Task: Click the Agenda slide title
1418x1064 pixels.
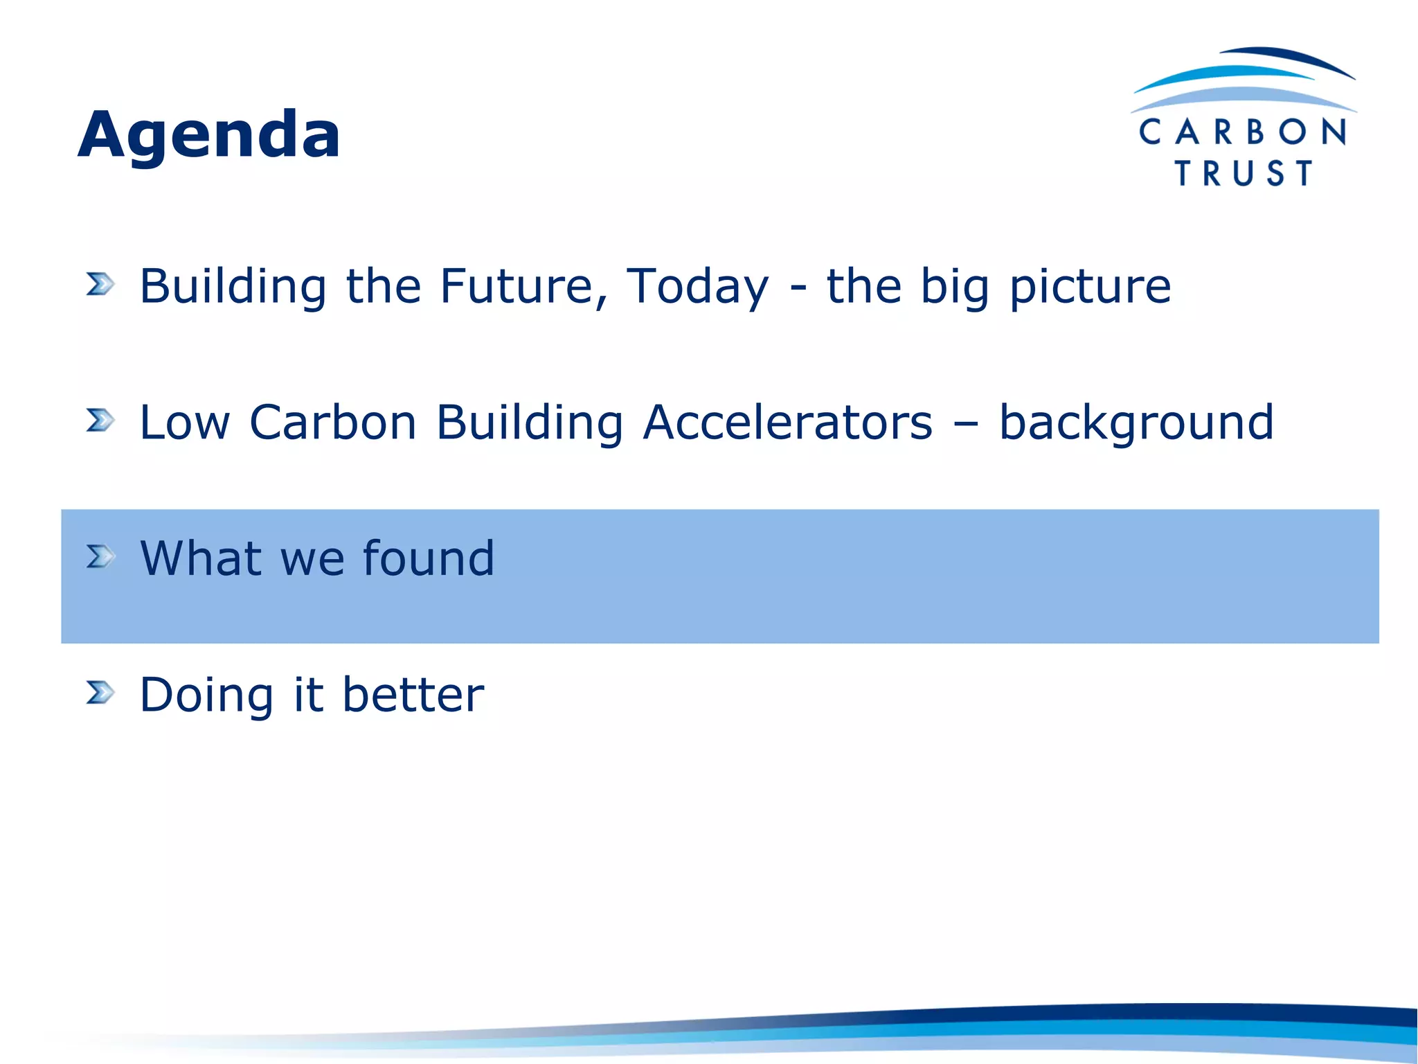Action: [x=208, y=134]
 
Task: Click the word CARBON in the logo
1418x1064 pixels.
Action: [x=1243, y=132]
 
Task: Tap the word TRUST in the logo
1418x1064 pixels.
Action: [x=1244, y=173]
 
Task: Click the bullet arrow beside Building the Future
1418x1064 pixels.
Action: [x=100, y=284]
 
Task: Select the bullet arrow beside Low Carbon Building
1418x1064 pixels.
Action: [x=100, y=420]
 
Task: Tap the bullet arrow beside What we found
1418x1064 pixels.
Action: [x=100, y=556]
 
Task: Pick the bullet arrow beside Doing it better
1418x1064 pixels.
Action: [x=100, y=692]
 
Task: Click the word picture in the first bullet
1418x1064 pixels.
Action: [x=1090, y=287]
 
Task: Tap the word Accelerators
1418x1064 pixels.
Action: [x=787, y=422]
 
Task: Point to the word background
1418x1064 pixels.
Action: [x=1136, y=423]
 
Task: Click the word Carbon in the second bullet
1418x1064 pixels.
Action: [x=332, y=422]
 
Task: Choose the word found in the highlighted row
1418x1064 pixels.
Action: [x=429, y=558]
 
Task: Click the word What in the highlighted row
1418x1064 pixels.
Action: [x=201, y=558]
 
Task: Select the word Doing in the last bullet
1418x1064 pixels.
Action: [x=206, y=695]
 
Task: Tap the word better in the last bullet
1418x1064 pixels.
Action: [x=413, y=694]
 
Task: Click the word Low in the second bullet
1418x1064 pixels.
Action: [x=184, y=422]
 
